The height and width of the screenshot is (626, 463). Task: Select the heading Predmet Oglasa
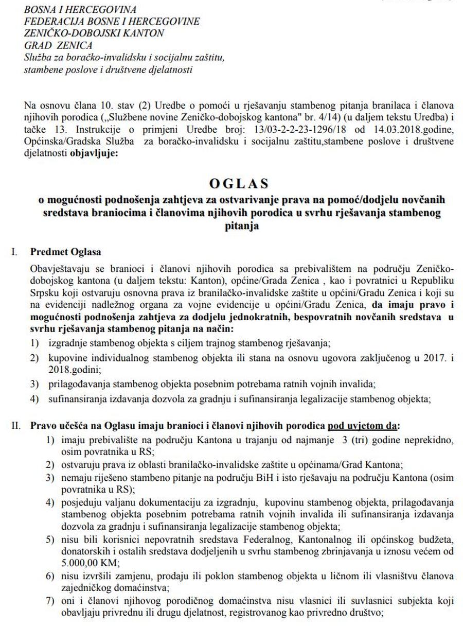[x=66, y=252]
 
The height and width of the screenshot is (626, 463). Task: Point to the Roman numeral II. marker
[x=16, y=426]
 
